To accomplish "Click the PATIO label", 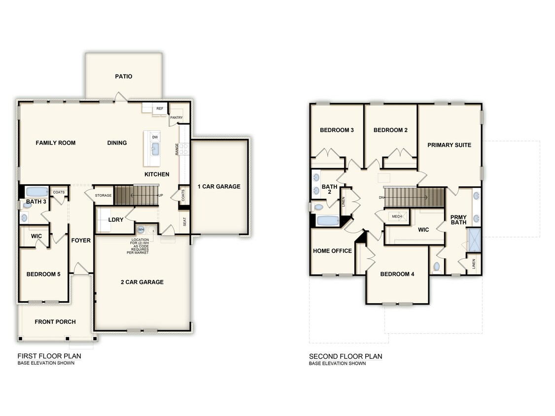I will [124, 76].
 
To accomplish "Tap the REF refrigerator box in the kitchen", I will [160, 108].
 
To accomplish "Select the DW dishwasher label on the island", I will [155, 137].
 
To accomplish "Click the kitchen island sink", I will [155, 149].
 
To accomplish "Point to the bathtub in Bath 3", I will [36, 192].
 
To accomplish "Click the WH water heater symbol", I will [141, 229].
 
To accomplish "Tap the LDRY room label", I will [116, 220].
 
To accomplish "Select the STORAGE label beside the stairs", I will [104, 196].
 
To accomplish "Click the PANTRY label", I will [176, 118].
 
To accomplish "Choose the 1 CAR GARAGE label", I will [219, 186].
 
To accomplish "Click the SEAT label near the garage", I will [185, 223].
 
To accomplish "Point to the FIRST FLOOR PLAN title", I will [49, 356].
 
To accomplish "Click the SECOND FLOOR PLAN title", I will [346, 356].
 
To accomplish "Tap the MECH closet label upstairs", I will [397, 216].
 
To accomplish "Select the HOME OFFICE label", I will [332, 251].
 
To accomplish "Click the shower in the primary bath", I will [474, 240].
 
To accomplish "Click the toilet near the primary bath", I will [436, 267].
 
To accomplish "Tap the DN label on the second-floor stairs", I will [382, 198].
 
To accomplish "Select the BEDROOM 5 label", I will [43, 274].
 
